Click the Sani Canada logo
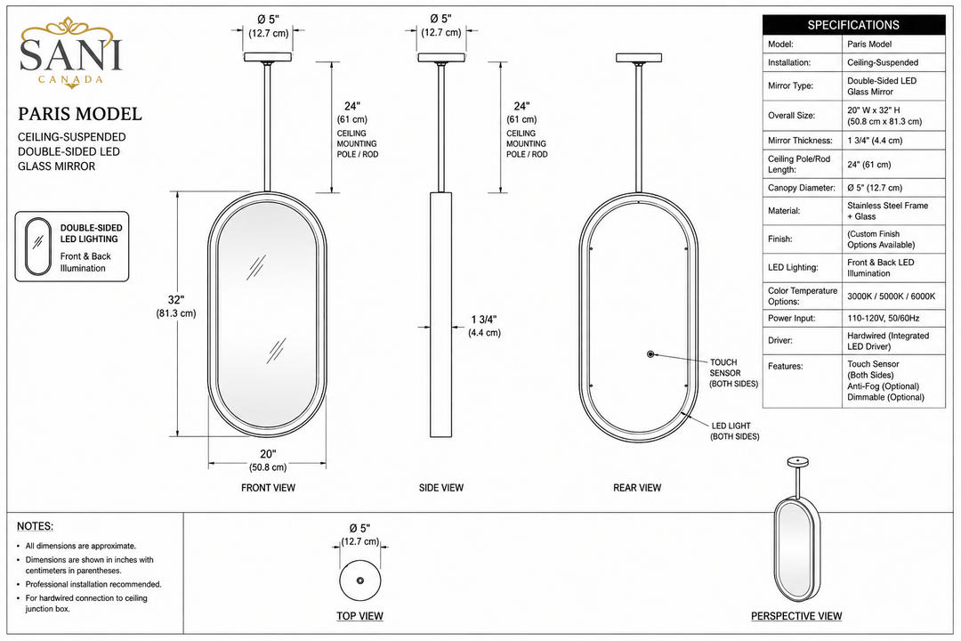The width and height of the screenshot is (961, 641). pyautogui.click(x=70, y=53)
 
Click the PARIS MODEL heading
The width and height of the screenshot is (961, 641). pyautogui.click(x=80, y=114)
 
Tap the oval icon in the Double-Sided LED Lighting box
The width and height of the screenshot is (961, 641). pyautogui.click(x=38, y=246)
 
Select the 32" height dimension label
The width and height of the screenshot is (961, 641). pyautogui.click(x=176, y=306)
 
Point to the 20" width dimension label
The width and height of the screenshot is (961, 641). pyautogui.click(x=268, y=460)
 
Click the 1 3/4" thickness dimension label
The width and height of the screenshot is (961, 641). pyautogui.click(x=484, y=326)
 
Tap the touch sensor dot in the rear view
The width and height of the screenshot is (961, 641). pyautogui.click(x=650, y=354)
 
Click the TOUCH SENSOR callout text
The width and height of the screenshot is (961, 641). pyautogui.click(x=733, y=373)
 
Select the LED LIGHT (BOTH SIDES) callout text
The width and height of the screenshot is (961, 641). pyautogui.click(x=735, y=431)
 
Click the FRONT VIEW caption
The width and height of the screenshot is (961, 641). pyautogui.click(x=268, y=488)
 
